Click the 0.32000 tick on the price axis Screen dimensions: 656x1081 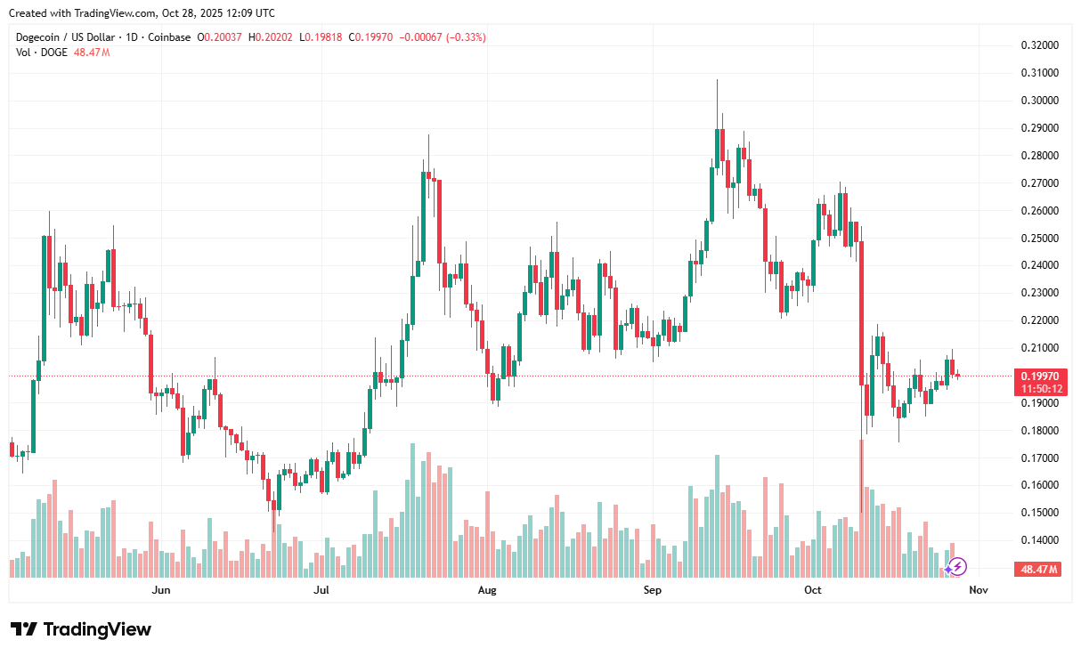(1039, 45)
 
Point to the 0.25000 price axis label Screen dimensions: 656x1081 (1039, 238)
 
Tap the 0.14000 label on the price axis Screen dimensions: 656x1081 (1039, 540)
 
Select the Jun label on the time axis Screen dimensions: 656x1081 (160, 589)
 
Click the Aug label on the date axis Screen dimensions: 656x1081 (486, 589)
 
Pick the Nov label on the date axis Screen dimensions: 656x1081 (978, 589)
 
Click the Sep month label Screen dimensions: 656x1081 (652, 589)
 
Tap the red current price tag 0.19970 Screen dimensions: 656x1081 (1038, 377)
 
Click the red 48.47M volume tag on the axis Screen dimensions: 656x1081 (1038, 570)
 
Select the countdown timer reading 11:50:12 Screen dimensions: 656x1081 (1038, 389)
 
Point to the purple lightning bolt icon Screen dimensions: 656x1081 (955, 566)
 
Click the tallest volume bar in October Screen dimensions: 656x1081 (861, 507)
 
